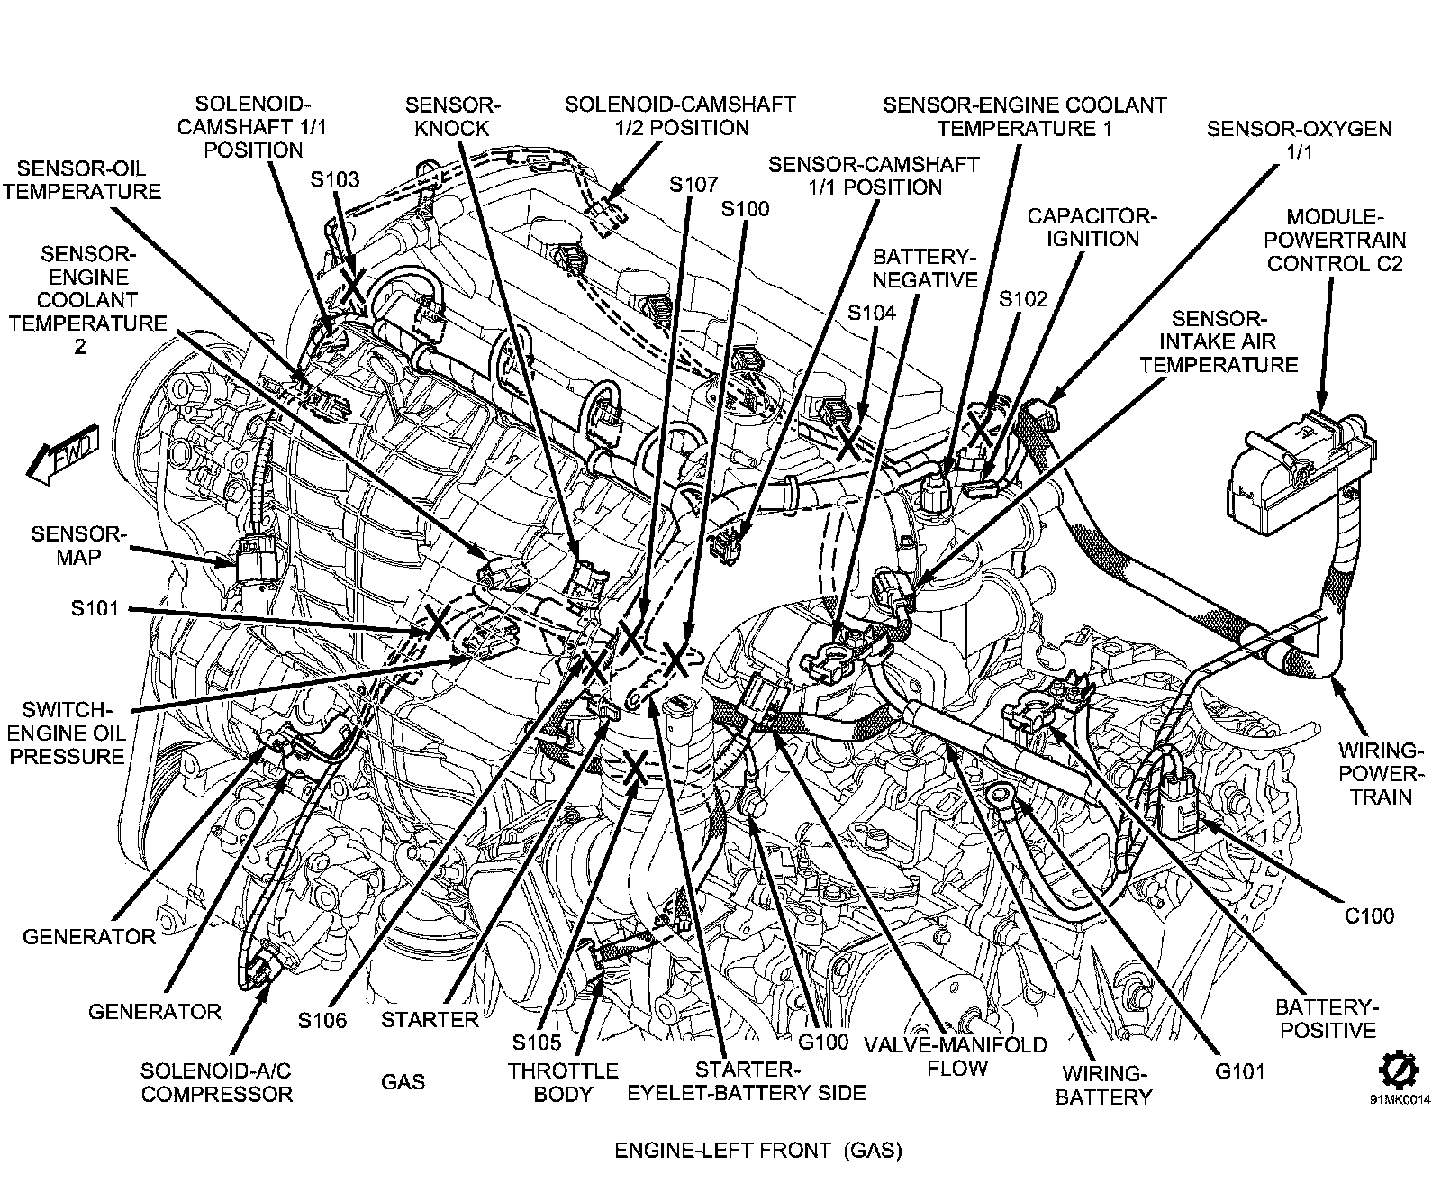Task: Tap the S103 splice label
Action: (335, 179)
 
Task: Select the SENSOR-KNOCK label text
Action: (452, 116)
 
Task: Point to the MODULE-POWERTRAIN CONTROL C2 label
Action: (1346, 240)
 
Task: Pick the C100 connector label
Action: (1369, 916)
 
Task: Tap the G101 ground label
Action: (1240, 1071)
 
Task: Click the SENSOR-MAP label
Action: (78, 545)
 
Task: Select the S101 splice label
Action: (95, 608)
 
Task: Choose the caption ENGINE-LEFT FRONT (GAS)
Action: (757, 1151)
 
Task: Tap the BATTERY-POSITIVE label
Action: (1328, 1018)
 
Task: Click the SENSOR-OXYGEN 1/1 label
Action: (1299, 140)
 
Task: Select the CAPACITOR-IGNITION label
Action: (1092, 227)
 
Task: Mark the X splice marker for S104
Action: (849, 442)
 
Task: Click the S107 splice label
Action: (693, 185)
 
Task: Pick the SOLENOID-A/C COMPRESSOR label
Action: (216, 1082)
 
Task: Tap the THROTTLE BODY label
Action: (563, 1082)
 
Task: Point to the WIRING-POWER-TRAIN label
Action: (1381, 773)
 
